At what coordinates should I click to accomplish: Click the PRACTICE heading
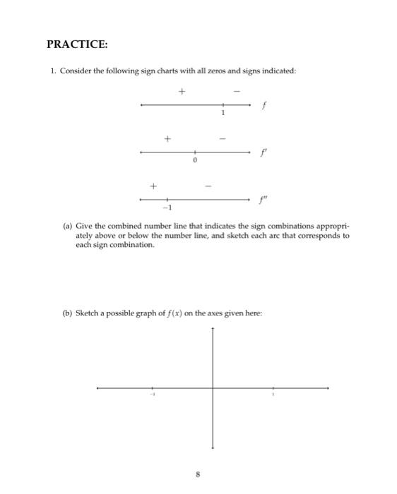coord(77,44)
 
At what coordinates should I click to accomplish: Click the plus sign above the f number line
coord(182,91)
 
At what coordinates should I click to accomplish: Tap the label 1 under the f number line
coord(223,113)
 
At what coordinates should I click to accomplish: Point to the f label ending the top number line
coord(263,105)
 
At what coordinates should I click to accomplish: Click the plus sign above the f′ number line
coord(167,138)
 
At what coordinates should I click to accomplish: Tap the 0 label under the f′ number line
coord(195,161)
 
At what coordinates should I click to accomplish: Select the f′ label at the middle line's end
coord(263,152)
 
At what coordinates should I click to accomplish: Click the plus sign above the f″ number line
coord(152,186)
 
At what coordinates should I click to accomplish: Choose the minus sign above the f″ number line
coord(208,186)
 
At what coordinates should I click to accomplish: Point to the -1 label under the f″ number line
coord(167,208)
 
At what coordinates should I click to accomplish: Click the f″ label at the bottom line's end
coord(264,199)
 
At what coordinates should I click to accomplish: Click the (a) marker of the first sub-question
coord(68,227)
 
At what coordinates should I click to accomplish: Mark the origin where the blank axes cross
coord(213,387)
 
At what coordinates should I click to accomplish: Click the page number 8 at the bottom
coord(198,475)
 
